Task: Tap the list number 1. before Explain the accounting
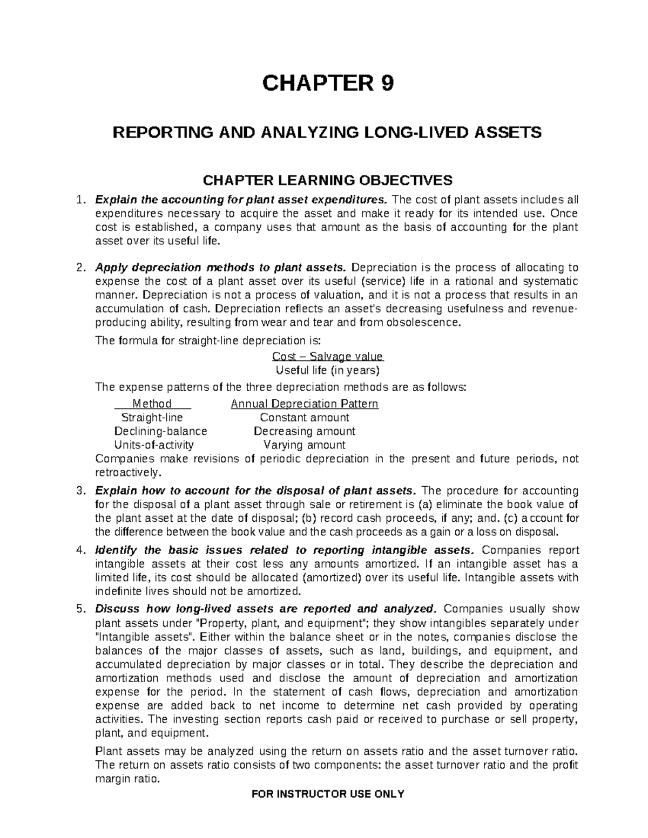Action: point(80,200)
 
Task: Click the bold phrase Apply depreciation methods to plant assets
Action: point(220,268)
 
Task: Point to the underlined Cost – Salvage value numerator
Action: point(327,357)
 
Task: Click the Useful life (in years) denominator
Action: point(328,371)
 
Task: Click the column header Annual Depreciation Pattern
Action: point(305,404)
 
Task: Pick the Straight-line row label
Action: point(152,418)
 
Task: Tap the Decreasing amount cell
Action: point(305,431)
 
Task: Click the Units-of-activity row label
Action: point(154,445)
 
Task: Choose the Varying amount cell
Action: point(305,445)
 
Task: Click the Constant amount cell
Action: point(305,418)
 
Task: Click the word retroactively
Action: point(127,473)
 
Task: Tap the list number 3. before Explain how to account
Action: point(80,491)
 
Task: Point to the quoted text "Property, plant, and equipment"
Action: point(281,623)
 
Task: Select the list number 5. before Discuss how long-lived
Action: point(80,609)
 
